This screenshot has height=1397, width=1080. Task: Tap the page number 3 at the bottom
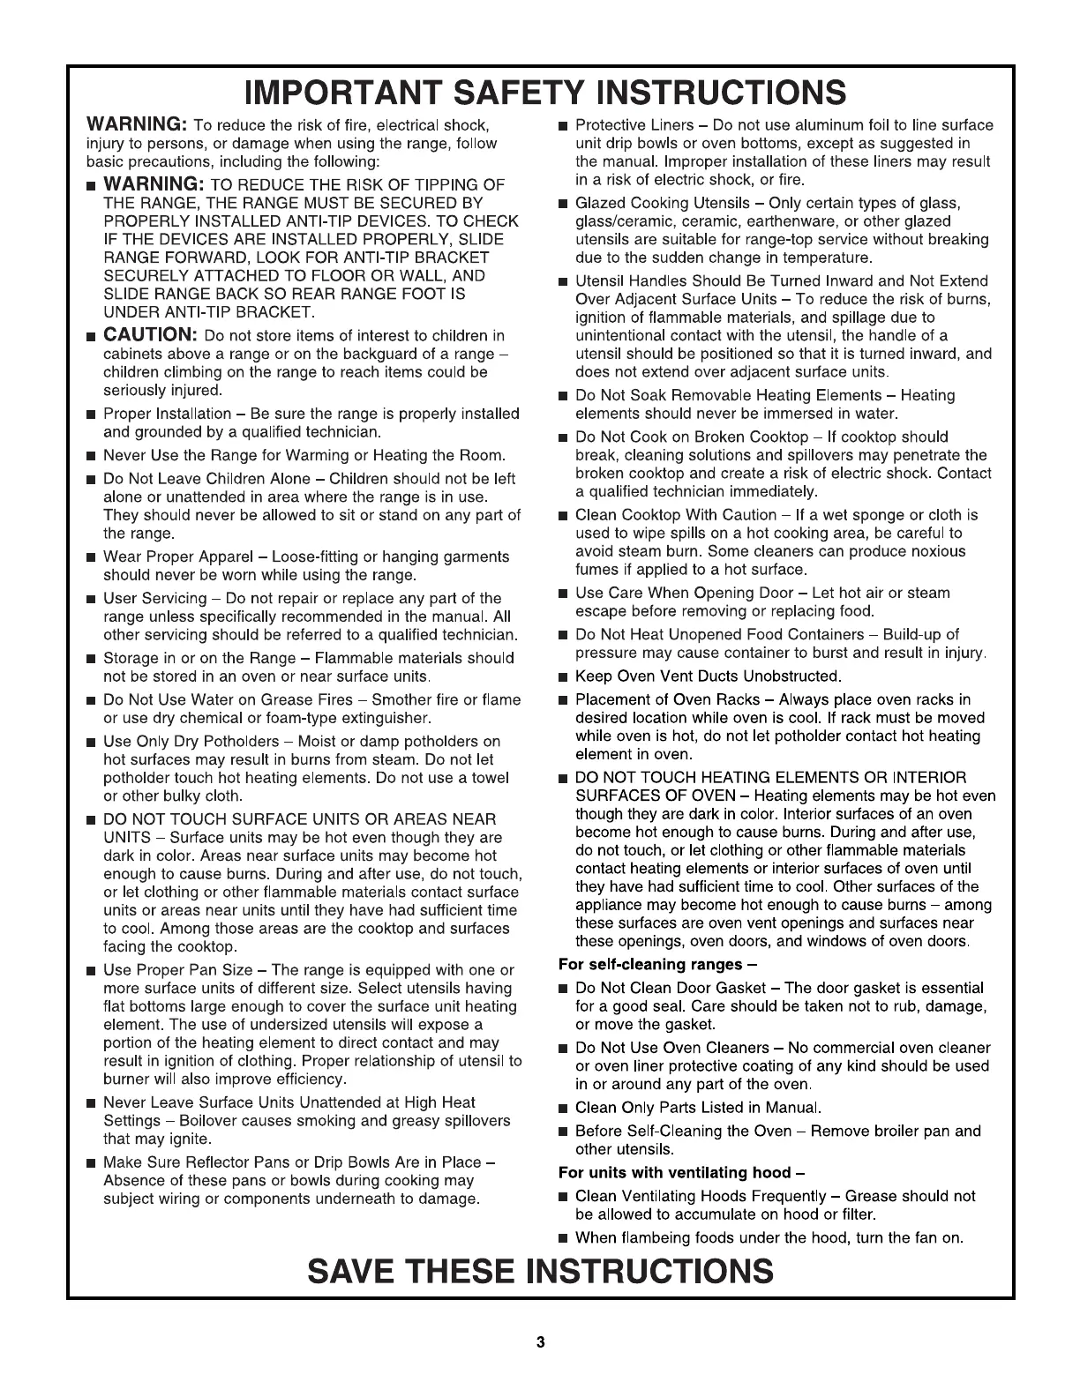pyautogui.click(x=540, y=1342)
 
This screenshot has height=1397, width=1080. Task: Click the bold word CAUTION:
pyautogui.click(x=150, y=335)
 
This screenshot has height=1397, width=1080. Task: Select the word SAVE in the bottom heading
pyautogui.click(x=359, y=1271)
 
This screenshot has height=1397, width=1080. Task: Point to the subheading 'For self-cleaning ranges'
pyautogui.click(x=658, y=964)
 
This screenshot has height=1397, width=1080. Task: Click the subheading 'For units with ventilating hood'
pyautogui.click(x=682, y=1172)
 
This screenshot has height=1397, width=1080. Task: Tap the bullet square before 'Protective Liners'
pyautogui.click(x=563, y=126)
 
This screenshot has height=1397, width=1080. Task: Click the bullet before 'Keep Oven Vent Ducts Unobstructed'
pyautogui.click(x=563, y=677)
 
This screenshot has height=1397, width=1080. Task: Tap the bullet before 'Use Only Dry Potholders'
pyautogui.click(x=91, y=742)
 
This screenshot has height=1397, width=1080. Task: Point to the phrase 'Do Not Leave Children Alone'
pyautogui.click(x=207, y=480)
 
